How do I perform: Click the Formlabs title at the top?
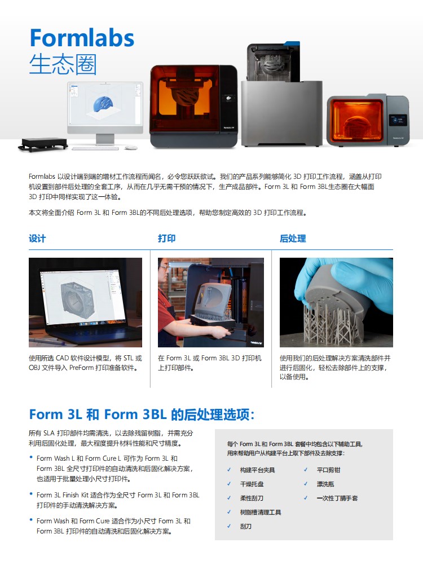click(x=82, y=38)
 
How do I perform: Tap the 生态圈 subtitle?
click(x=63, y=65)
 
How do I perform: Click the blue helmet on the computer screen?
click(x=104, y=104)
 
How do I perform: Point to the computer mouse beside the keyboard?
click(x=131, y=147)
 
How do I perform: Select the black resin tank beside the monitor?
click(x=43, y=144)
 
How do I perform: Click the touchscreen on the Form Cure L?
click(x=398, y=120)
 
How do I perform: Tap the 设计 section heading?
click(x=37, y=239)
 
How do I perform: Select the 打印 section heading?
click(x=166, y=239)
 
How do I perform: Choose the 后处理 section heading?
click(x=293, y=239)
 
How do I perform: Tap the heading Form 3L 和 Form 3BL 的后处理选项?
click(x=142, y=414)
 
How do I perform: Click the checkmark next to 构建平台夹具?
click(x=229, y=470)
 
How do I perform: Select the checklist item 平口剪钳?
click(x=328, y=470)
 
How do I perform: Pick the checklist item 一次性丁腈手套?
click(x=337, y=499)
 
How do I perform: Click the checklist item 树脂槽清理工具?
click(x=261, y=513)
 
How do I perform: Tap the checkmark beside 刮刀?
click(x=229, y=526)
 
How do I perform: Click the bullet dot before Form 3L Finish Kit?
click(x=31, y=494)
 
